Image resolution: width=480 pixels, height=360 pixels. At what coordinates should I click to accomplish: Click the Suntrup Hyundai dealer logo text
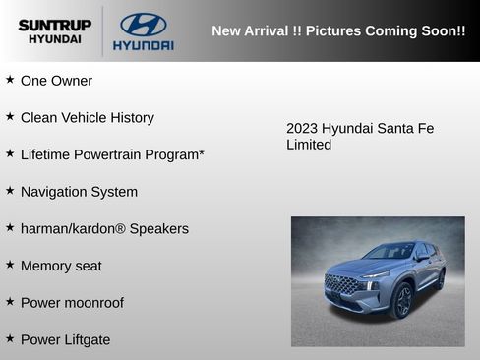(54, 31)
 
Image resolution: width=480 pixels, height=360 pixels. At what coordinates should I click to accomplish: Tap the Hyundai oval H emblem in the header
(143, 25)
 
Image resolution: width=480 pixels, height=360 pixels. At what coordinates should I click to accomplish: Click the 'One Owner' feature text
(56, 81)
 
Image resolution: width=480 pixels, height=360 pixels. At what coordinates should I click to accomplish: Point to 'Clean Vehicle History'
(88, 118)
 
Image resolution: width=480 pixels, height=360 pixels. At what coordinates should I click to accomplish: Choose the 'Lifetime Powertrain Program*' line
(112, 154)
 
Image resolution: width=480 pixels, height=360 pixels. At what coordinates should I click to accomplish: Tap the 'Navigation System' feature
(79, 192)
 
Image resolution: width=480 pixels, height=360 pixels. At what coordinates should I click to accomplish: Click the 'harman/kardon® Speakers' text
(104, 228)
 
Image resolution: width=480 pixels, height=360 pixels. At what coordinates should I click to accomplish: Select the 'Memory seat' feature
(61, 266)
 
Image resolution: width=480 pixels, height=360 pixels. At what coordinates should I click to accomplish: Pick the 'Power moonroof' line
(72, 303)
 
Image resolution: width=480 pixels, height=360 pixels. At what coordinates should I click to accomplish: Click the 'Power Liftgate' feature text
(65, 339)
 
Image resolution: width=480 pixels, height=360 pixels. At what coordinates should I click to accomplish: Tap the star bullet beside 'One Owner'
(10, 80)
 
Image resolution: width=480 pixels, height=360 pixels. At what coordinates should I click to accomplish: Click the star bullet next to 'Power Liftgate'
(10, 338)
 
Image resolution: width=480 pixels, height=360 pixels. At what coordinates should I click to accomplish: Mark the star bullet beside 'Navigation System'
(10, 191)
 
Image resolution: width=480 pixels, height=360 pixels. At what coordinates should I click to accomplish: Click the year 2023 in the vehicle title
(302, 129)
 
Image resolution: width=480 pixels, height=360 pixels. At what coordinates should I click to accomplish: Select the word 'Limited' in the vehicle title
(309, 146)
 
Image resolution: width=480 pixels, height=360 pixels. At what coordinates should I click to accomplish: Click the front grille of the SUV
(342, 285)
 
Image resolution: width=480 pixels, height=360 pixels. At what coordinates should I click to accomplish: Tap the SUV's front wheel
(402, 300)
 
